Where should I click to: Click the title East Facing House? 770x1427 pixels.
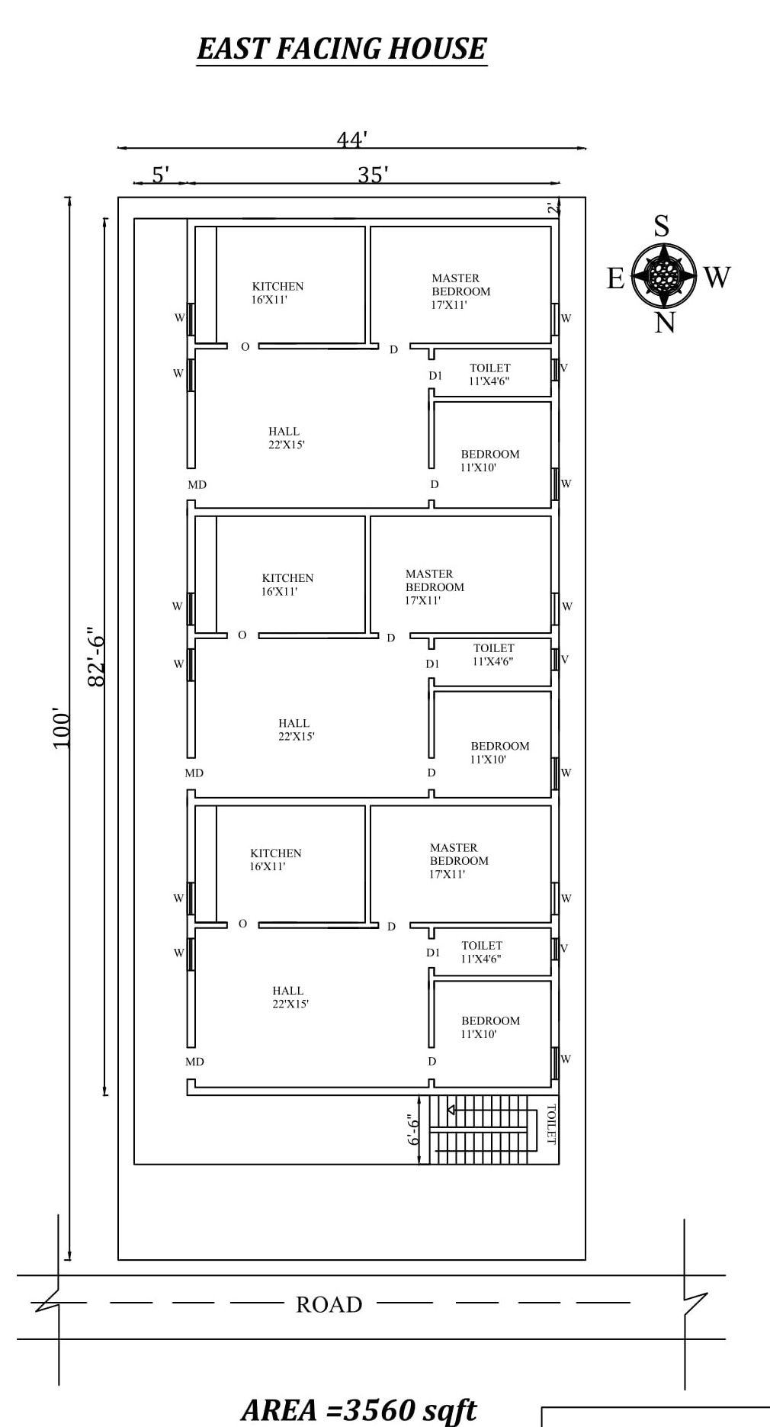[x=342, y=49]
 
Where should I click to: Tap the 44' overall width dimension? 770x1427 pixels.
[x=352, y=140]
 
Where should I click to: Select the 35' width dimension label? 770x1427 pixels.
[x=374, y=175]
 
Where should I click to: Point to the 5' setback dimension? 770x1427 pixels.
[x=160, y=175]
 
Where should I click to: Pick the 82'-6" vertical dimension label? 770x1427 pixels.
[x=96, y=657]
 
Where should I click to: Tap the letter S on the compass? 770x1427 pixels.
[x=662, y=227]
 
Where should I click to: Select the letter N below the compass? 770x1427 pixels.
[x=665, y=323]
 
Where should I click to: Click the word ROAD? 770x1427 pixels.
[x=329, y=1305]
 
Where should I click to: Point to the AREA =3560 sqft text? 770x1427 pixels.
[x=359, y=1409]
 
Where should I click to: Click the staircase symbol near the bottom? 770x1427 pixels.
[x=479, y=1130]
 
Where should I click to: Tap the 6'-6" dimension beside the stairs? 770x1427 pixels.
[x=413, y=1130]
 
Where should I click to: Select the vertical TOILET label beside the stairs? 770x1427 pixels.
[x=550, y=1124]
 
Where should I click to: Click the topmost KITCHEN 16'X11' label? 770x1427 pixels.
[x=278, y=293]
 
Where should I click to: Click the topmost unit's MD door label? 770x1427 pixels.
[x=197, y=485]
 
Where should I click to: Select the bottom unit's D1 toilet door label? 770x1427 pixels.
[x=433, y=953]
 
